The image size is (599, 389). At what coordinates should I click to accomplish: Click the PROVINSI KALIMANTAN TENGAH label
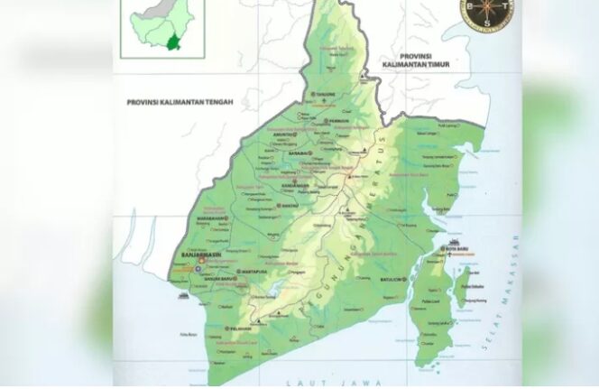click(x=180, y=103)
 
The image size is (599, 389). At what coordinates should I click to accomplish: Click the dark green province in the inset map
click(x=170, y=40)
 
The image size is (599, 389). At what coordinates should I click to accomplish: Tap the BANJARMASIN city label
click(x=202, y=255)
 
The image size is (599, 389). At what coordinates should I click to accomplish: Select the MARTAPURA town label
click(x=253, y=271)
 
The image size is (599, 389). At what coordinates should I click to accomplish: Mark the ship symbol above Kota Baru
click(x=454, y=241)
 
